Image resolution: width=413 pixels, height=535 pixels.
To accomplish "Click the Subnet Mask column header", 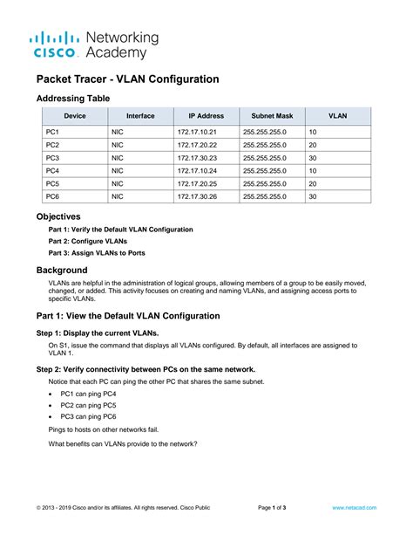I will [x=272, y=115].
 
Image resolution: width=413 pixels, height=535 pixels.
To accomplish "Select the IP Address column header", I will [x=206, y=115].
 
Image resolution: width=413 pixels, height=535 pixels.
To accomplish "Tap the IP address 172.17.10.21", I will [x=195, y=131].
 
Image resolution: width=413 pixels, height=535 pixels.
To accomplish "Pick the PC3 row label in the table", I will [x=52, y=157].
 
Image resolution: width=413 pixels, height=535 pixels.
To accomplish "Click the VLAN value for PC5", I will [x=313, y=184].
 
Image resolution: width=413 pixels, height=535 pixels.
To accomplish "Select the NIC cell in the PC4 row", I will [x=118, y=171].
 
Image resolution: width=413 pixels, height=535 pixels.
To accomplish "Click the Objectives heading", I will [x=58, y=216].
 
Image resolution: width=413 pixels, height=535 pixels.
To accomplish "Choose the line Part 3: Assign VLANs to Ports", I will [x=96, y=253].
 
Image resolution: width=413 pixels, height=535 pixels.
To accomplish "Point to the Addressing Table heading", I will [x=72, y=98].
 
